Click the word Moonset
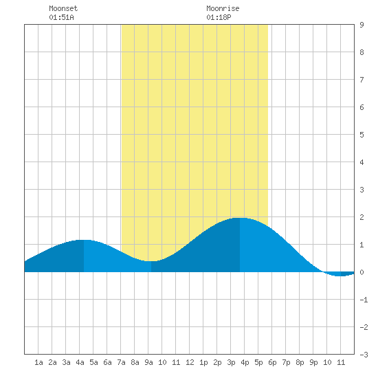63,8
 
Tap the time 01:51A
61,17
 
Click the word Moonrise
223,8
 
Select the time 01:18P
219,17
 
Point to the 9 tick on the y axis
362,25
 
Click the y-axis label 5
362,135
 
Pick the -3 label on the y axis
364,355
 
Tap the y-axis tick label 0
362,272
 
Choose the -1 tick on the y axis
364,300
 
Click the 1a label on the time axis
38,362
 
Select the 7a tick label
121,362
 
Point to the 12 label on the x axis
190,362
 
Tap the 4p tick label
245,362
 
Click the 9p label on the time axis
313,362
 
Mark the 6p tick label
272,362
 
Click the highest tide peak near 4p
240,218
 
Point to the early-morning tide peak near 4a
84,240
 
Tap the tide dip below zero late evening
340,276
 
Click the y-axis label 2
362,217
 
